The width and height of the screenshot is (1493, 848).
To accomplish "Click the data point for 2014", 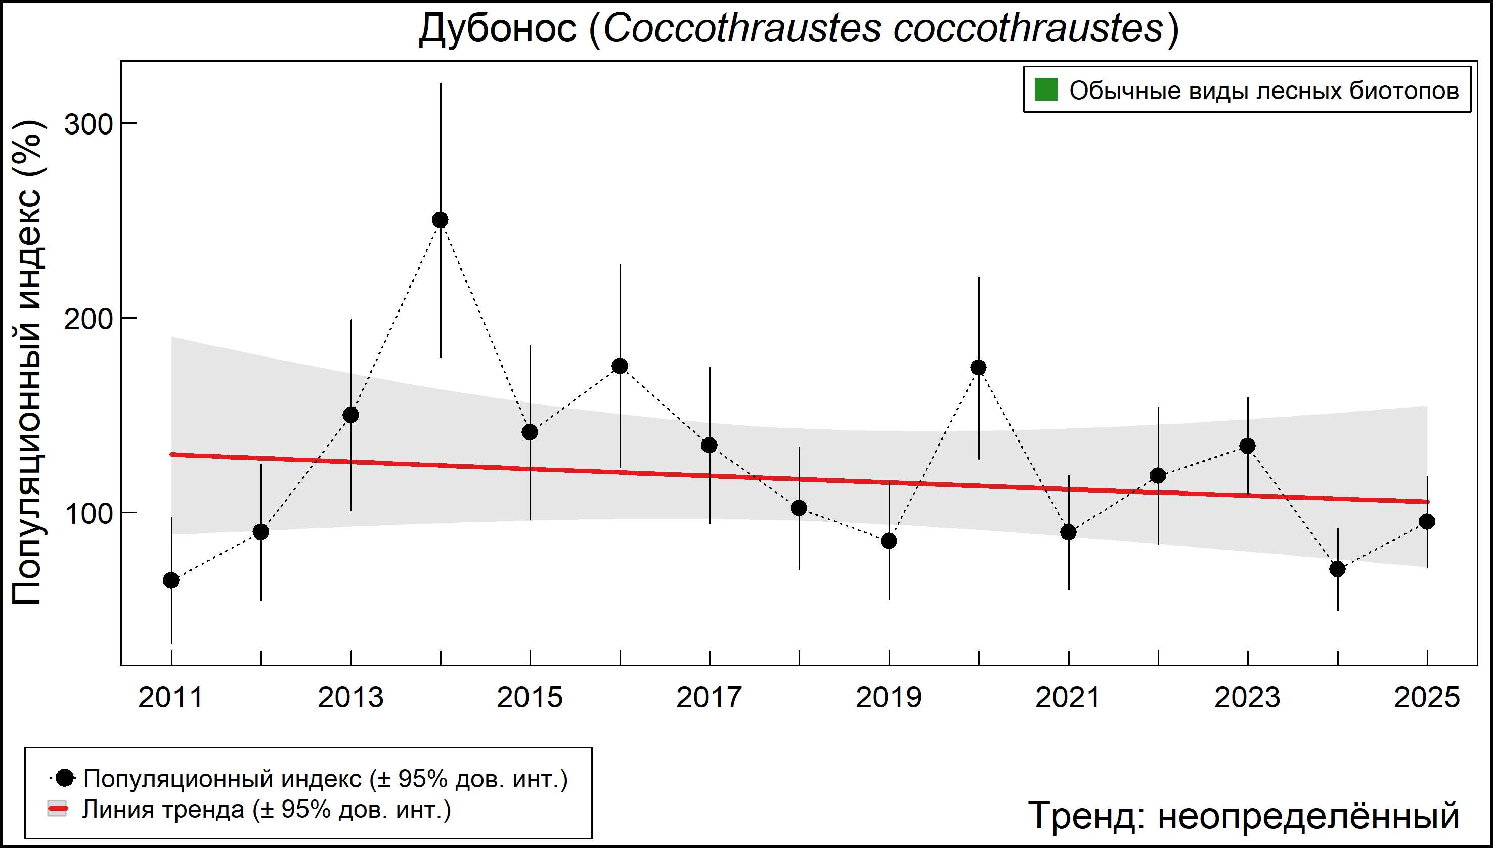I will point(441,219).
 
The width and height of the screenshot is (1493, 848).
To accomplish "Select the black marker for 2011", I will point(171,580).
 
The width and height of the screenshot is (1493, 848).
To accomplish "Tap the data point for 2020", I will point(979,367).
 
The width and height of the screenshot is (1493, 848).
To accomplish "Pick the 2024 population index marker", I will point(1337,569).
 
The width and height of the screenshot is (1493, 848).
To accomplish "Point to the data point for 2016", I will point(620,366).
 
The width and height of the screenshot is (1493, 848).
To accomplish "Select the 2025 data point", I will point(1427,521).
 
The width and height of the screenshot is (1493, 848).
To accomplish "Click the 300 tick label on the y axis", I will point(87,124).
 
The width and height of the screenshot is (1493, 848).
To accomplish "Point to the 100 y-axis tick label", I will point(87,514).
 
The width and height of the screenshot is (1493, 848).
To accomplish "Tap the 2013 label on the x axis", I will point(350,698).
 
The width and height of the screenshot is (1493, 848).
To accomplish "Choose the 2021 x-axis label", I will point(1068,698).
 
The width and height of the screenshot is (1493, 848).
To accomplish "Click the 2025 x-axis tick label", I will point(1427,698).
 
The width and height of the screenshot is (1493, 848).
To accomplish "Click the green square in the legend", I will point(1045,91).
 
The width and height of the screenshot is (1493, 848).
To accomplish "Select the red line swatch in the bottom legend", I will point(57,809).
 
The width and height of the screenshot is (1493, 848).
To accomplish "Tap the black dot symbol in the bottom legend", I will point(65,778).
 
